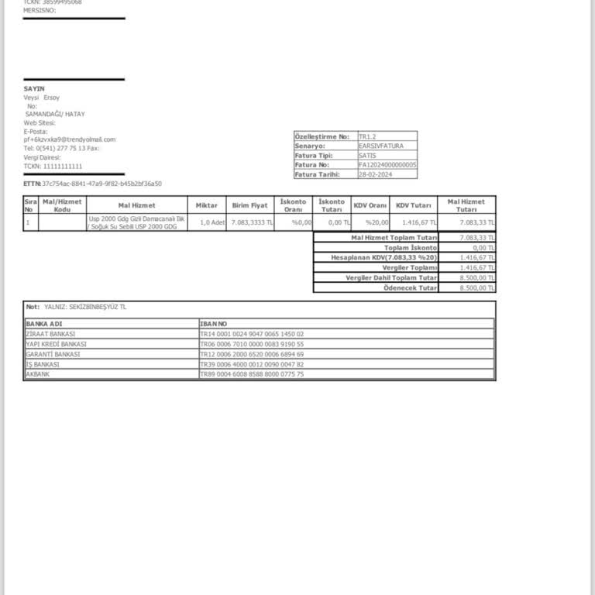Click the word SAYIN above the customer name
coord(34,89)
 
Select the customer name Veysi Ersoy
coord(42,98)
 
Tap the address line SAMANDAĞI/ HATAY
coord(55,114)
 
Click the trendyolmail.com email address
coord(70,139)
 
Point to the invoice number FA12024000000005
coord(387,165)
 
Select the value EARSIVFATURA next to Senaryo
coord(381,146)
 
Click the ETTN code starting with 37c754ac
coord(101,184)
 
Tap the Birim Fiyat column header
coord(249,205)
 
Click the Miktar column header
coord(206,205)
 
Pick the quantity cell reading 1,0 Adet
coord(212,222)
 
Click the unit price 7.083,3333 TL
coord(251,222)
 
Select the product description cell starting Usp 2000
coord(136,222)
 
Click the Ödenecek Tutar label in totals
coord(411,287)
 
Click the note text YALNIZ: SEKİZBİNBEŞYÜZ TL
coord(85,307)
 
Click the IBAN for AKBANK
coord(252,374)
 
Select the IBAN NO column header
coord(213,323)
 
